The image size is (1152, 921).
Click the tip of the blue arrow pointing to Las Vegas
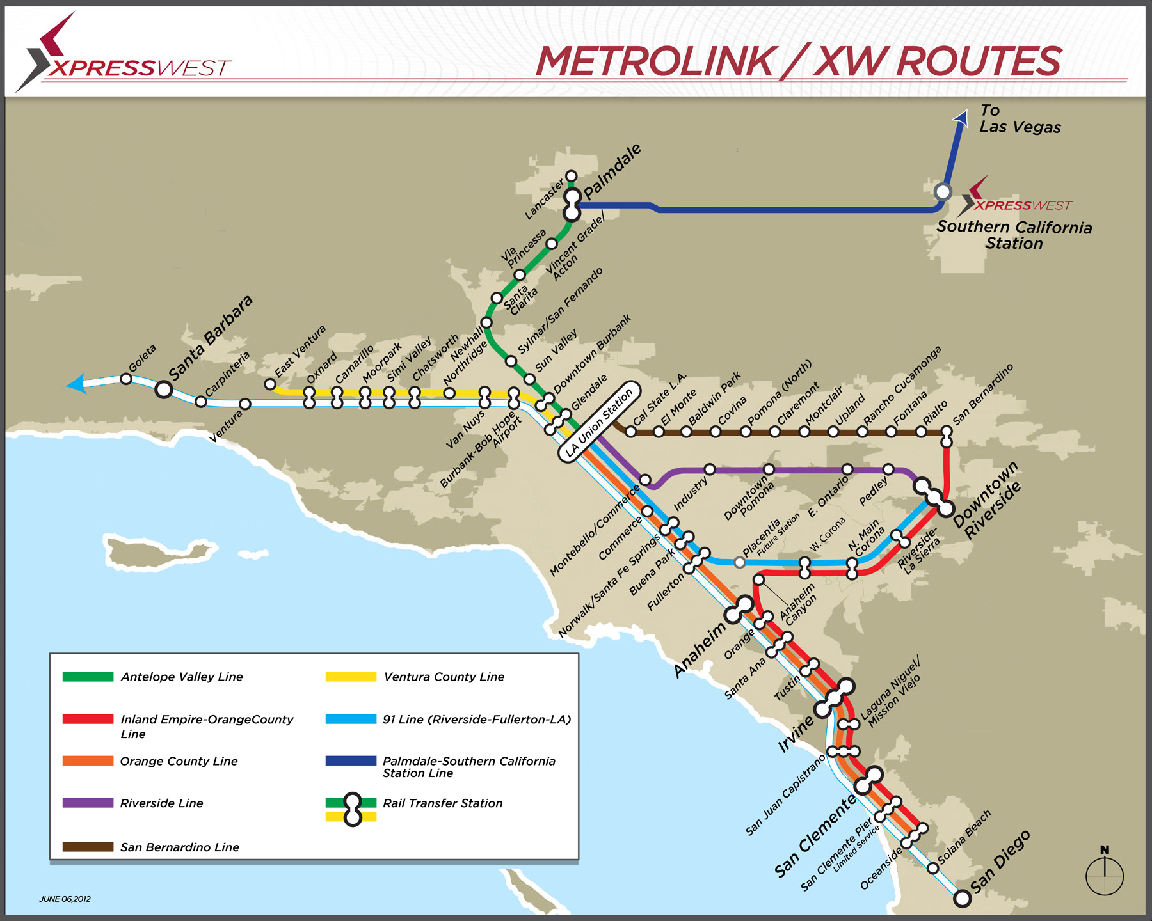pyautogui.click(x=961, y=111)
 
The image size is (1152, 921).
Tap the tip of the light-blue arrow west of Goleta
pyautogui.click(x=66, y=385)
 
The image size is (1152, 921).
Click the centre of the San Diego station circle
pyautogui.click(x=962, y=898)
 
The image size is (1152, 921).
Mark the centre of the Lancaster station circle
pyautogui.click(x=572, y=176)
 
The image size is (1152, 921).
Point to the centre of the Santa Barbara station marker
pyautogui.click(x=164, y=389)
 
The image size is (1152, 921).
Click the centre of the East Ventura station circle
pyautogui.click(x=270, y=384)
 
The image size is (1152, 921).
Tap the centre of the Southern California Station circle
pyautogui.click(x=942, y=191)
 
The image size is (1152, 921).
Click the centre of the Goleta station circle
pyautogui.click(x=126, y=379)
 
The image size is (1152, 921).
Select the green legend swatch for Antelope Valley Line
pyautogui.click(x=88, y=677)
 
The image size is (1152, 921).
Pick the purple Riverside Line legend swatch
pyautogui.click(x=88, y=803)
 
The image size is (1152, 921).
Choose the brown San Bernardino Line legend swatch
pyautogui.click(x=88, y=847)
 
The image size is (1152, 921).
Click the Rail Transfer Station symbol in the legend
pyautogui.click(x=351, y=810)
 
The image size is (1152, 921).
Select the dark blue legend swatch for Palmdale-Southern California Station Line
pyautogui.click(x=351, y=761)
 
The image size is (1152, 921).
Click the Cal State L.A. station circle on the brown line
pyautogui.click(x=630, y=432)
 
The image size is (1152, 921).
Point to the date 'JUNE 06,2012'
pyautogui.click(x=65, y=899)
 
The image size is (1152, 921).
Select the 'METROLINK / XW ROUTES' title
pyautogui.click(x=798, y=61)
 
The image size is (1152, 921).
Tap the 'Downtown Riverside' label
pyautogui.click(x=987, y=501)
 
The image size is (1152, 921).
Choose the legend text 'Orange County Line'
pyautogui.click(x=179, y=761)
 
